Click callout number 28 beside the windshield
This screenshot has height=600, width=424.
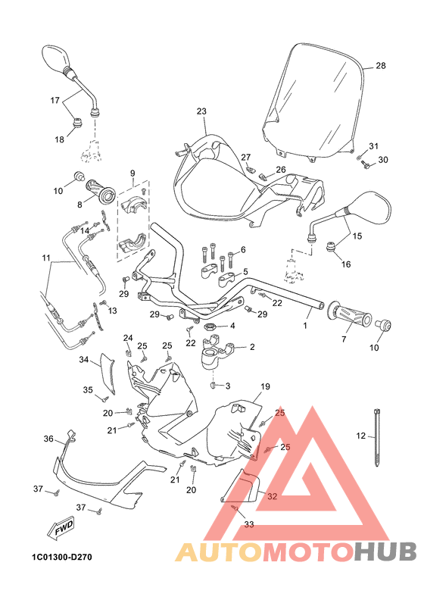point(381,66)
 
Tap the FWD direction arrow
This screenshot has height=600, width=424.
point(64,533)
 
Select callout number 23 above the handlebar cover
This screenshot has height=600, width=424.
point(201,111)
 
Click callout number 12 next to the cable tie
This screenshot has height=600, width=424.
point(360,436)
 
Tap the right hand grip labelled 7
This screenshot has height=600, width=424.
point(350,316)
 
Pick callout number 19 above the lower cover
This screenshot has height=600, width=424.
point(265,386)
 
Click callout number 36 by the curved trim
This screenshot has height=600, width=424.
point(48,439)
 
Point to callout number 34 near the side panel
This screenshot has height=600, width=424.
point(85,360)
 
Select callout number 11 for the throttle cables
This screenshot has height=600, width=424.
point(47,258)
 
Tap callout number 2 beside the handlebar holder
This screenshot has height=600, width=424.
point(251,348)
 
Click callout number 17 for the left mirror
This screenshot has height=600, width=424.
point(55,100)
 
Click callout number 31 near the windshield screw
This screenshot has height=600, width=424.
point(373,146)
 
